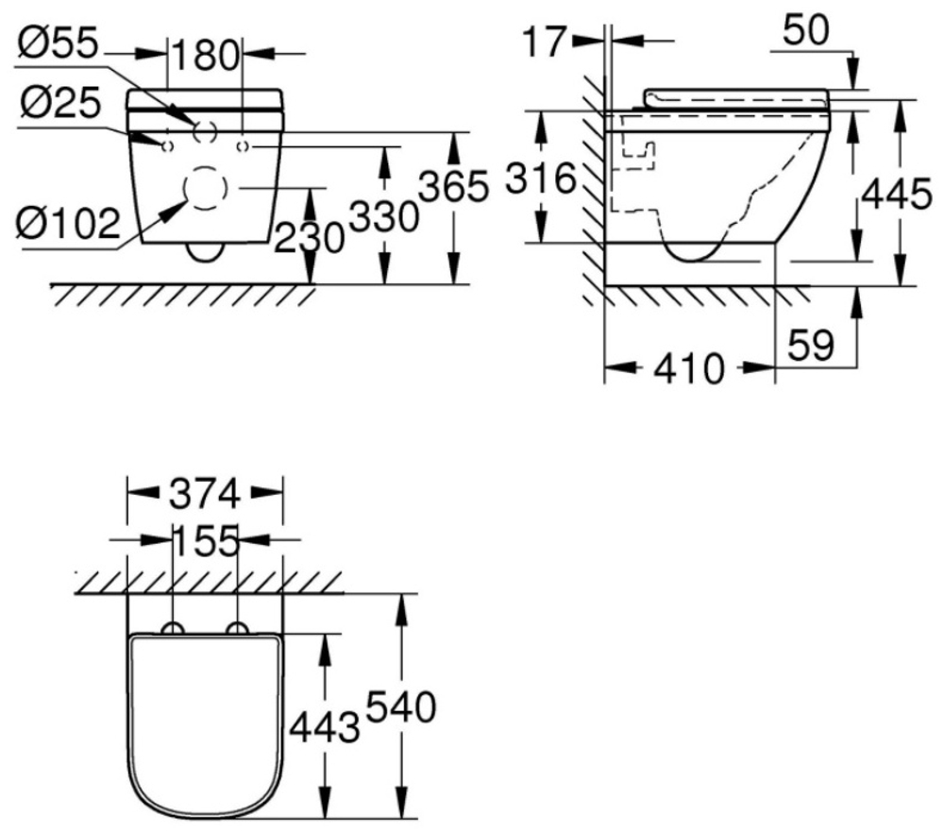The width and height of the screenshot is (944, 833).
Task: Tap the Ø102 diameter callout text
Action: (x=68, y=224)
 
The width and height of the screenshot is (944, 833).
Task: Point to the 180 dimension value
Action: (x=206, y=55)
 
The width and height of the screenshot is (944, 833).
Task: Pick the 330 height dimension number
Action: (x=383, y=216)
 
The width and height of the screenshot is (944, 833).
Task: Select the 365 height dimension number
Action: (x=453, y=186)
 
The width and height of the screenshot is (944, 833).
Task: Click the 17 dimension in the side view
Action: (x=545, y=42)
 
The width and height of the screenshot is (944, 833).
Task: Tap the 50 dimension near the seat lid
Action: (x=806, y=29)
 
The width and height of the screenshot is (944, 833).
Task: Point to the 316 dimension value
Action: (x=541, y=178)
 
